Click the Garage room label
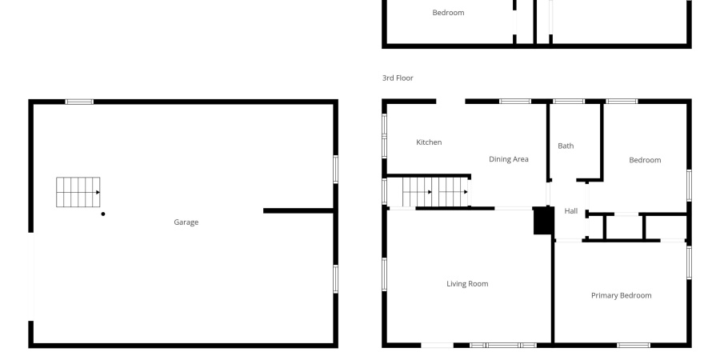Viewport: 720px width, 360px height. [186, 222]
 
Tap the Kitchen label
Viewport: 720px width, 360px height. [429, 142]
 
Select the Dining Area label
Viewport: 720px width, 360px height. [509, 159]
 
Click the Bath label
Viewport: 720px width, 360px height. [566, 146]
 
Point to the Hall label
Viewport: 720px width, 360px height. [571, 211]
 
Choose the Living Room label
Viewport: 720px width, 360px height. [467, 284]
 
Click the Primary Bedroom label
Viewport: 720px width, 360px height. [621, 295]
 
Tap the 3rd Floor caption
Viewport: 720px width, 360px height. [398, 78]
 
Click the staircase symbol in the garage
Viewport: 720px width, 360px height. [78, 192]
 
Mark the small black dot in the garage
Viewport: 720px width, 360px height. [103, 214]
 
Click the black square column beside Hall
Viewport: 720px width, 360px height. [543, 220]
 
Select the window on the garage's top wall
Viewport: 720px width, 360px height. [79, 102]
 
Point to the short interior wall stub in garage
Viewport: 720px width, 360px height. [298, 211]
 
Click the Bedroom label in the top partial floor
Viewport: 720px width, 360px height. [448, 13]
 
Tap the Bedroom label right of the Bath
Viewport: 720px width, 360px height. [645, 160]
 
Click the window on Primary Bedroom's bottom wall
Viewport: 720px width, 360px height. [633, 345]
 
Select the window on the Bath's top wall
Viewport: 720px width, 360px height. [568, 102]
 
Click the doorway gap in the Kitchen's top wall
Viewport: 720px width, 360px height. [450, 102]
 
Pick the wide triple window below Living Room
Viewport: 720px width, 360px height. [502, 345]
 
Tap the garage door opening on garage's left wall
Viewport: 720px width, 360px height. [32, 276]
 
